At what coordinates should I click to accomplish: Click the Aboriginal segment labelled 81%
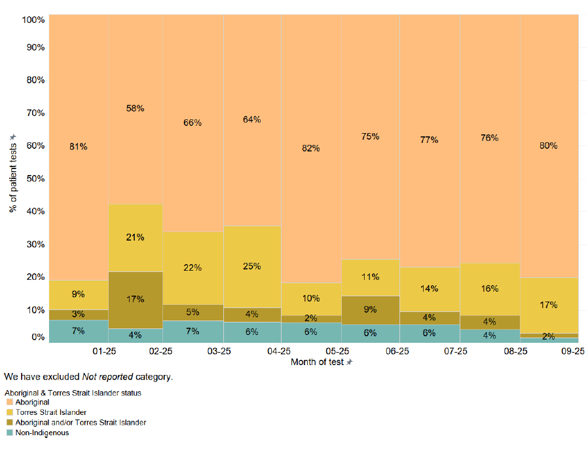pos(79,147)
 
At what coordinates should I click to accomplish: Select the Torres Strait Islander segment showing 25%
pos(252,266)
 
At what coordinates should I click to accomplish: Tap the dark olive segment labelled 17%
pos(136,300)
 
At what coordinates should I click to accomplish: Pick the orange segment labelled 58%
pos(136,108)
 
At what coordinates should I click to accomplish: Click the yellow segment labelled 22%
pos(193,267)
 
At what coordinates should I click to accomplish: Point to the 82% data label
pos(311,148)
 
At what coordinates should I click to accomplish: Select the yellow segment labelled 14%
pos(430,288)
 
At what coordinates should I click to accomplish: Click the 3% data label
pos(79,315)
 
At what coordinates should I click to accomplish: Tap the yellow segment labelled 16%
pos(490,288)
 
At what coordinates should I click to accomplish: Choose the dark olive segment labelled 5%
pos(193,312)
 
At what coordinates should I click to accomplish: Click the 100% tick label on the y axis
pos(33,20)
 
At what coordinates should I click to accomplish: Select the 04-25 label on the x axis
pos(280,352)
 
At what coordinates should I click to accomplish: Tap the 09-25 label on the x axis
pos(573,352)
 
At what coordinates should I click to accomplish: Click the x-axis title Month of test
pos(318,362)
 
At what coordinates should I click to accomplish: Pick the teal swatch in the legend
pos(9,433)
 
